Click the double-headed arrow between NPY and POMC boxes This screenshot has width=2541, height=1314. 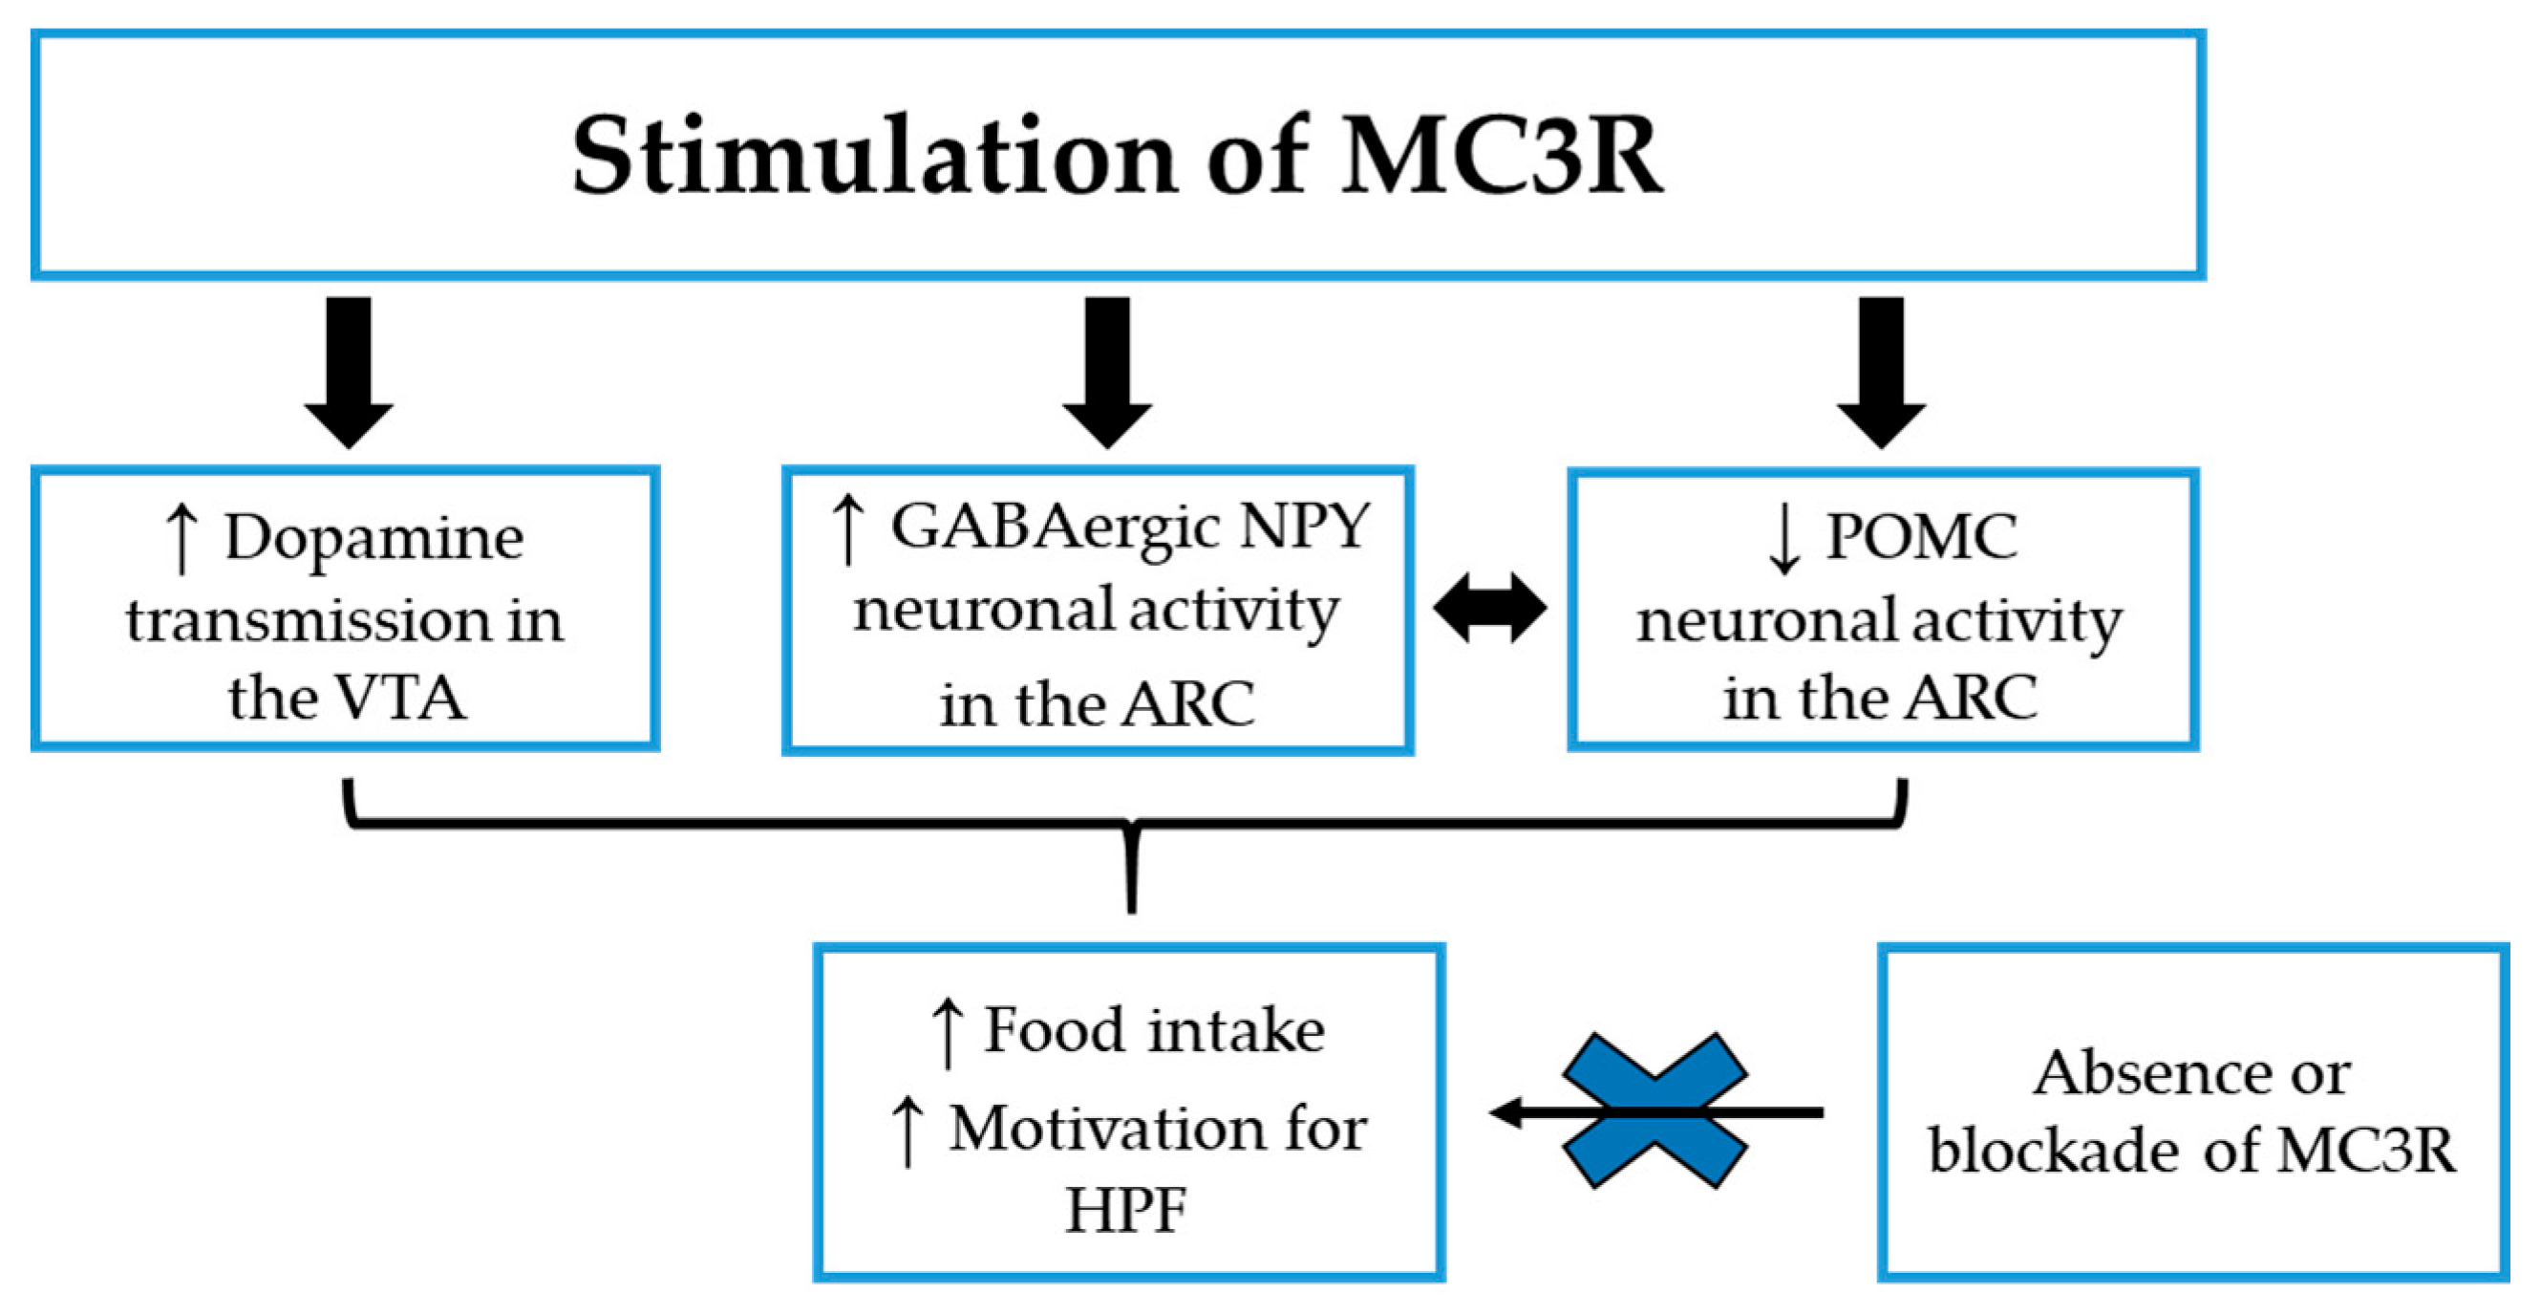[1489, 609]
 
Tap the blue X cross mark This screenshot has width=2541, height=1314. [1655, 1110]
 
